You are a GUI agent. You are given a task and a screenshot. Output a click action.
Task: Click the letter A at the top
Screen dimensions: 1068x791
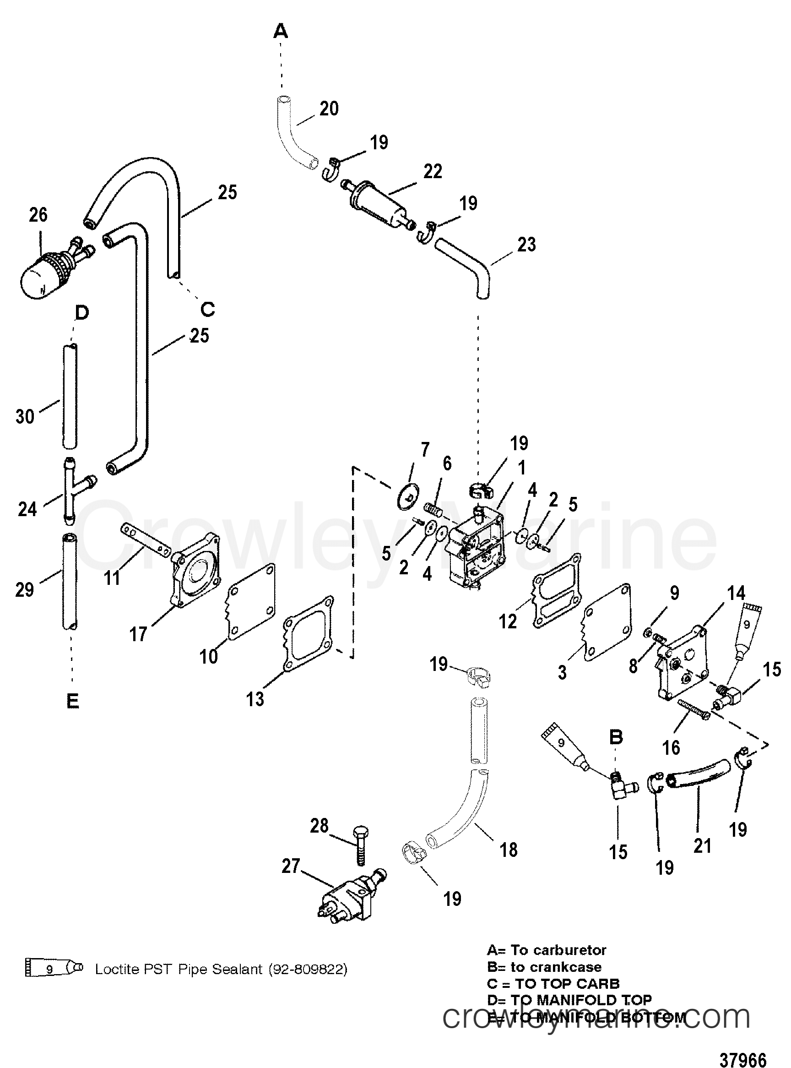pos(281,32)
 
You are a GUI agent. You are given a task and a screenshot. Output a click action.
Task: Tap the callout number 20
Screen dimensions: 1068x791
pos(329,109)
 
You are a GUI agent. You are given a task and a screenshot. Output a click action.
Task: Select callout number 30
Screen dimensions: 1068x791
pos(25,416)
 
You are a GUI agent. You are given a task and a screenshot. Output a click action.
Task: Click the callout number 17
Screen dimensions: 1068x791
pos(138,635)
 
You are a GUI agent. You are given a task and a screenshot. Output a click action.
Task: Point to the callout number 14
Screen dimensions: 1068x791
pos(736,594)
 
